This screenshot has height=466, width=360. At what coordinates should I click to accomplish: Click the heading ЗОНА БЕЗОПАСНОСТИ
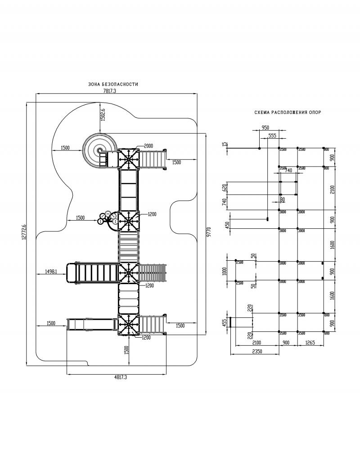pyautogui.click(x=113, y=85)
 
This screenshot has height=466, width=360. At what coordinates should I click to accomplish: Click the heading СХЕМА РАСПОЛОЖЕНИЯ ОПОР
pyautogui.click(x=288, y=113)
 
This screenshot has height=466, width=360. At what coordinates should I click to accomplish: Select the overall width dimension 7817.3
pyautogui.click(x=110, y=91)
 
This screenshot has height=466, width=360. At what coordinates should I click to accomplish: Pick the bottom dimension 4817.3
pyautogui.click(x=117, y=377)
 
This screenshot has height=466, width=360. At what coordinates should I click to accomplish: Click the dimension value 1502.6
pyautogui.click(x=103, y=115)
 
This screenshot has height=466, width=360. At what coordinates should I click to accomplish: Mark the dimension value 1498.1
pyautogui.click(x=50, y=271)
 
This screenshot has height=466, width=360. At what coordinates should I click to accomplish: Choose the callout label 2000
pyautogui.click(x=148, y=146)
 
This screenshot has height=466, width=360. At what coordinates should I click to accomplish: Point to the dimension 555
pyautogui.click(x=272, y=135)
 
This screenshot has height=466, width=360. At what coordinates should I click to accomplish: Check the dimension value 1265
pyautogui.click(x=310, y=343)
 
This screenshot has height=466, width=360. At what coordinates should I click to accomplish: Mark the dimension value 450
pyautogui.click(x=228, y=224)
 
